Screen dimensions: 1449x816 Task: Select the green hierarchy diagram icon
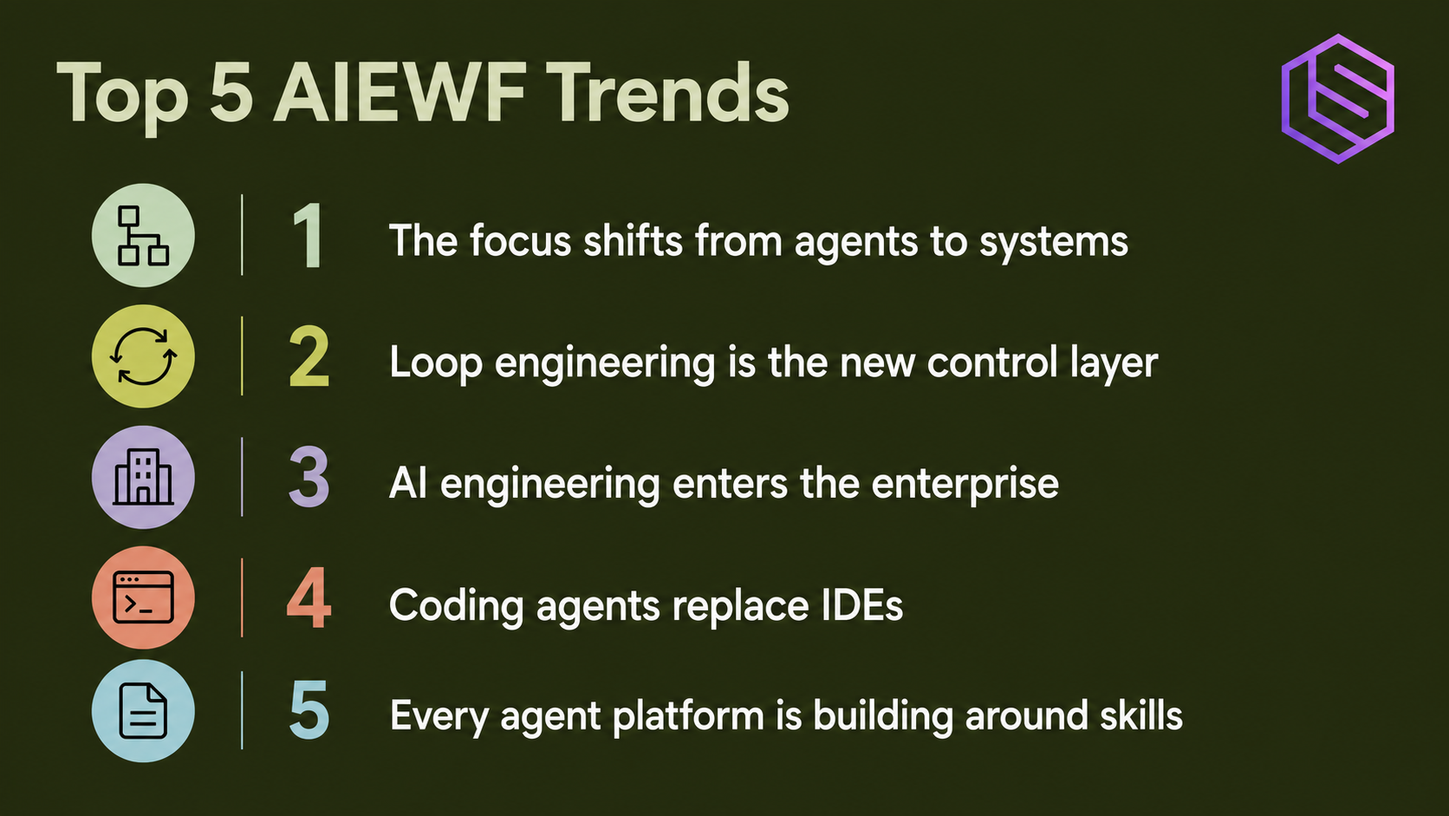pyautogui.click(x=143, y=236)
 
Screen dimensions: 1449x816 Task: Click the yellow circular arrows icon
pyautogui.click(x=143, y=356)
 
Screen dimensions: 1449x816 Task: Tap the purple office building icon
pyautogui.click(x=143, y=478)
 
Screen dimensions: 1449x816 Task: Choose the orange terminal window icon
pyautogui.click(x=143, y=598)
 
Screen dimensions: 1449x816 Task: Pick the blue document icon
pyautogui.click(x=143, y=711)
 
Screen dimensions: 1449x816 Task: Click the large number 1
pyautogui.click(x=308, y=235)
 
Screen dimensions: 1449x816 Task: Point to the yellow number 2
pyautogui.click(x=309, y=356)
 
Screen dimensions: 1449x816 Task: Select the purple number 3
pyautogui.click(x=309, y=478)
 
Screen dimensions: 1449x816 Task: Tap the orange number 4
pyautogui.click(x=309, y=598)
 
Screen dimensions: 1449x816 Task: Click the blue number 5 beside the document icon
pyautogui.click(x=309, y=710)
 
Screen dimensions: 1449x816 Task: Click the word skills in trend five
pyautogui.click(x=1141, y=715)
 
